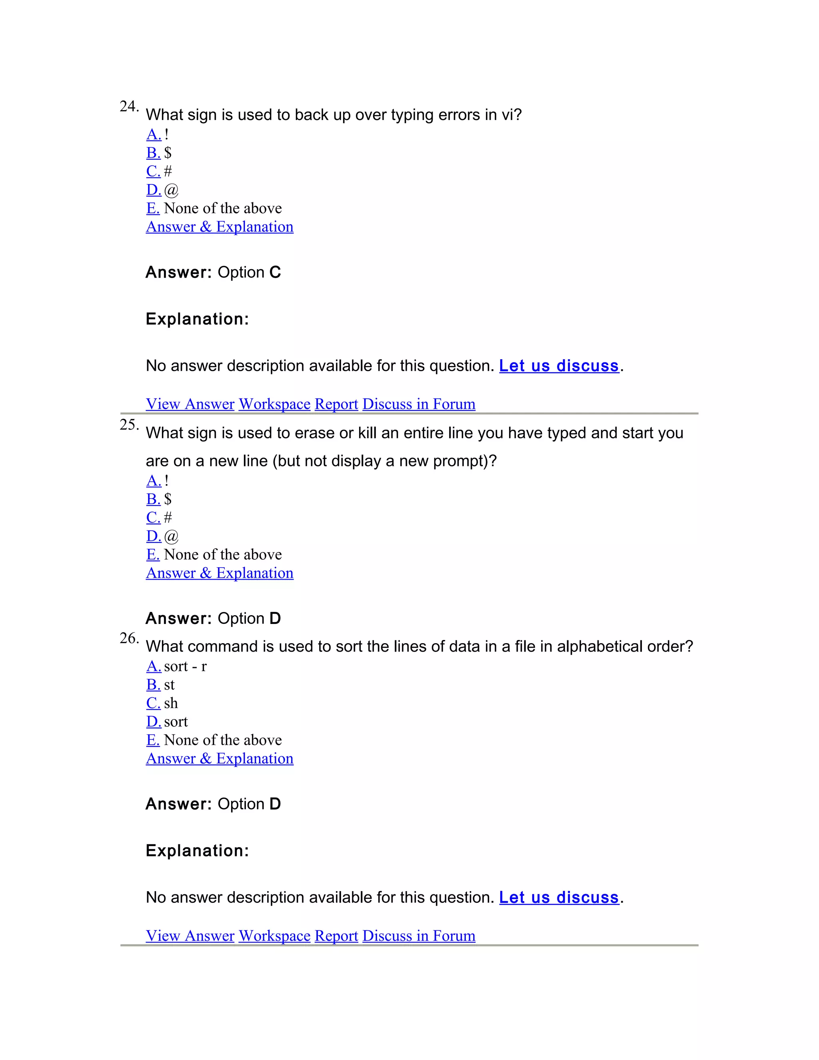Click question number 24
tap(129, 106)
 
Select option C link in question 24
tap(153, 171)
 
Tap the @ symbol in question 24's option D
tap(171, 190)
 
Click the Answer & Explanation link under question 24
tap(220, 227)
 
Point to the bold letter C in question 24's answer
tap(275, 272)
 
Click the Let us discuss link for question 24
tap(559, 366)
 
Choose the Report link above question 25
tap(336, 404)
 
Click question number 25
tap(129, 425)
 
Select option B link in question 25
tap(153, 499)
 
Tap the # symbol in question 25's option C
tap(168, 517)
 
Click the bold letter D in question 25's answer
tap(275, 618)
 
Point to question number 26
tap(129, 638)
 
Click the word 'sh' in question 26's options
tap(171, 703)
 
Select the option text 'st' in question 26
tap(169, 685)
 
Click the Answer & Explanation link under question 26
tap(220, 758)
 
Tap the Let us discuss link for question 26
tap(559, 898)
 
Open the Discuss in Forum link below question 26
tap(419, 936)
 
